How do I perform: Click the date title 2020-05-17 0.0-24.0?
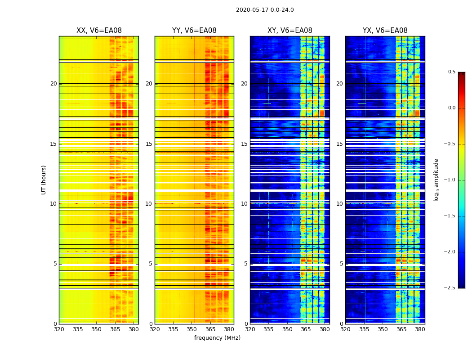[x=265, y=10]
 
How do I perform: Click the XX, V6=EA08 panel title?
[x=99, y=31]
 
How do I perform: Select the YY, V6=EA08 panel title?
[x=194, y=31]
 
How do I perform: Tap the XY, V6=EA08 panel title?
[x=289, y=31]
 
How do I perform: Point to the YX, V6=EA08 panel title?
[x=385, y=31]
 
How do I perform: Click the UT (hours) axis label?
[x=44, y=180]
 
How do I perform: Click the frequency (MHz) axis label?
[x=217, y=338]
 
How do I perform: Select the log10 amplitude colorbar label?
[x=436, y=180]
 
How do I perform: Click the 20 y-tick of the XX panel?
[x=53, y=84]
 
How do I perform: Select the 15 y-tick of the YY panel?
[x=149, y=144]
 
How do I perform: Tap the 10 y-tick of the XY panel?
[x=245, y=204]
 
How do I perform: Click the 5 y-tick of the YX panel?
[x=342, y=264]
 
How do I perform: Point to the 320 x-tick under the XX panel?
[x=59, y=329]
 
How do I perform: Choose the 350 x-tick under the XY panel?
[x=287, y=329]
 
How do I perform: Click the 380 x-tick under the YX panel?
[x=420, y=329]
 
